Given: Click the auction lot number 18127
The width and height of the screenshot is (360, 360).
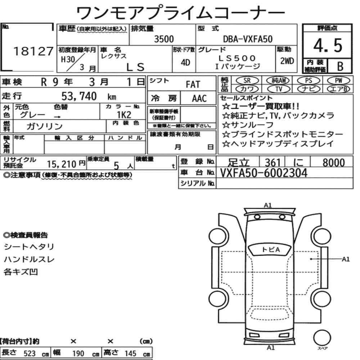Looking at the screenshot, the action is [x=33, y=51].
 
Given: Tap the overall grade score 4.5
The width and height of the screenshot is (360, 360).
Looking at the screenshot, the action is [x=328, y=45].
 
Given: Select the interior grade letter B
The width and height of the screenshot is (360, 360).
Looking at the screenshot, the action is [x=340, y=66].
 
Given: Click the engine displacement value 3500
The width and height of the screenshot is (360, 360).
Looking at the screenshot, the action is [x=164, y=39].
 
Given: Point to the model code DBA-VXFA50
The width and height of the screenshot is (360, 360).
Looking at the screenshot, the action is [x=248, y=39].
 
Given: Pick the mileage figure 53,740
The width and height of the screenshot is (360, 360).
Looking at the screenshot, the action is [x=79, y=96].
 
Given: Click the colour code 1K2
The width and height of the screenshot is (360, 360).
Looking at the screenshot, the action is [x=124, y=114].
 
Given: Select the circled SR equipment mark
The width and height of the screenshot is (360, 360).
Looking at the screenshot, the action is [x=247, y=80].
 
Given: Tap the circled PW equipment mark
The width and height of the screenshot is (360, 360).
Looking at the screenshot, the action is [x=338, y=80].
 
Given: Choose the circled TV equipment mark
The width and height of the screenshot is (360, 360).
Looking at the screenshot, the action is [x=279, y=89].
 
